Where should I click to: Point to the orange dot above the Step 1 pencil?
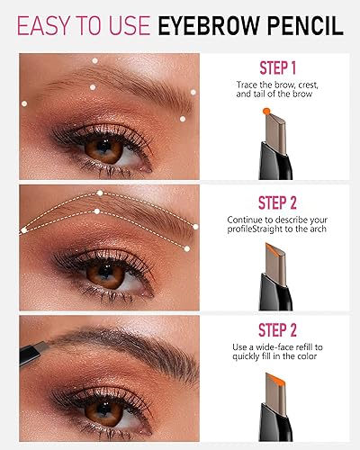[266, 111]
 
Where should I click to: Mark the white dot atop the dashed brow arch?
[102, 193]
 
